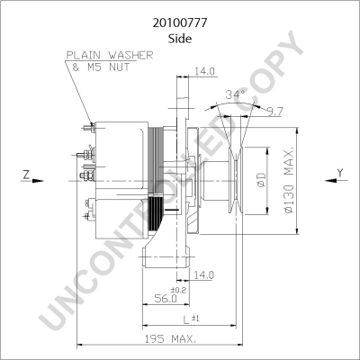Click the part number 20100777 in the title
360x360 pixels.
click(x=180, y=23)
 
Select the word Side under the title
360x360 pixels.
click(x=180, y=39)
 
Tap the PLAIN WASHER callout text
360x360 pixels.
click(x=110, y=55)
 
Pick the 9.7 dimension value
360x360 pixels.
click(x=275, y=112)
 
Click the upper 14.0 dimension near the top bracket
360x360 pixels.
click(x=204, y=71)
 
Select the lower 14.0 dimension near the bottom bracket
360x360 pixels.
click(x=203, y=275)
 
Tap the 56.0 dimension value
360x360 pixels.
click(x=166, y=298)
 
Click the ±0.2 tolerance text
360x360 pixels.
click(x=178, y=290)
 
